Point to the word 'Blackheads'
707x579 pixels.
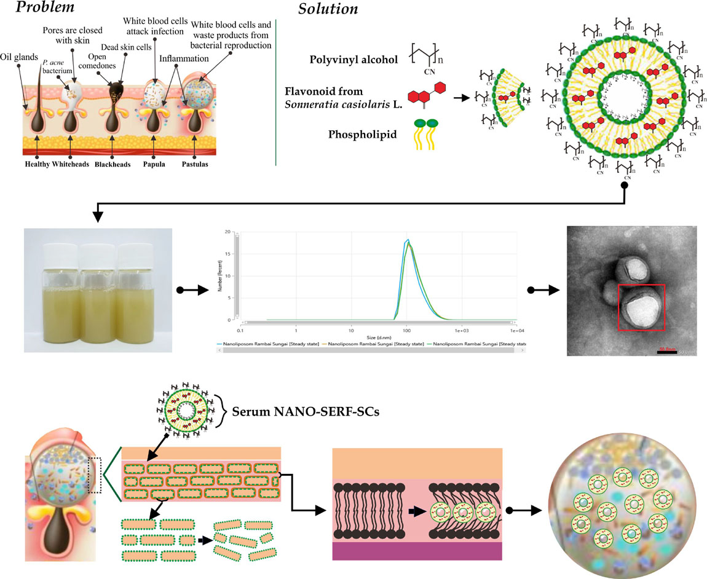pyautogui.click(x=113, y=165)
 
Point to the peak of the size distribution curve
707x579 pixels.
pyautogui.click(x=406, y=240)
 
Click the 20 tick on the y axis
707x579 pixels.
pyautogui.click(x=229, y=232)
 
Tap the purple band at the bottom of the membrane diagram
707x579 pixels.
pyautogui.click(x=417, y=550)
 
